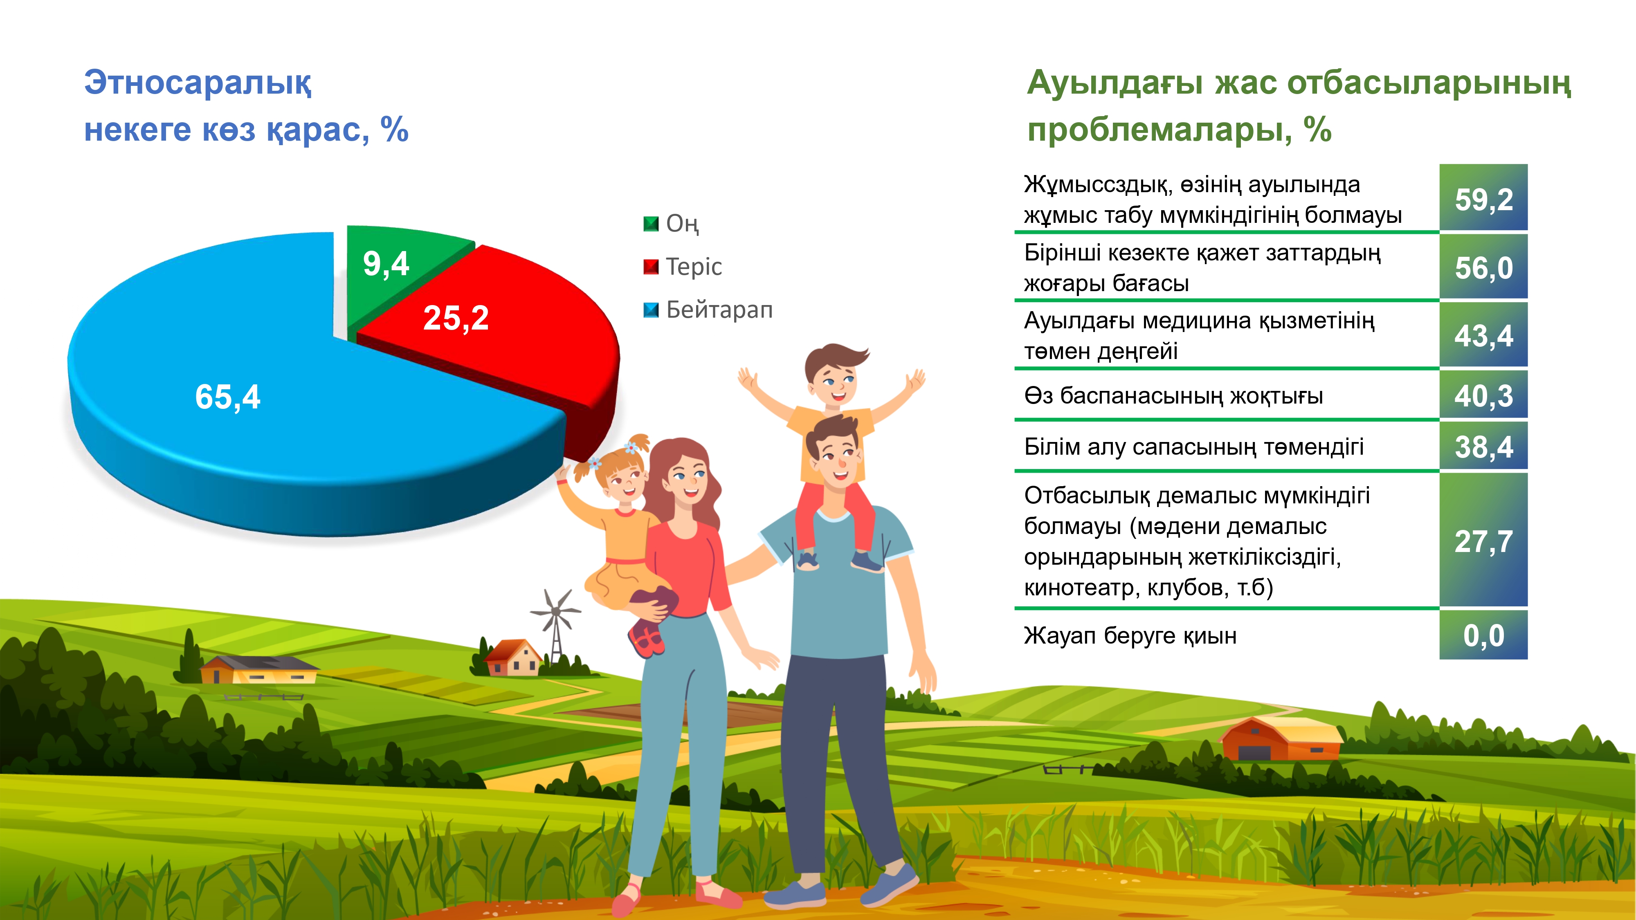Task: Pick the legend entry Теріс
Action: click(x=683, y=267)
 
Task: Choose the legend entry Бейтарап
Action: click(x=708, y=310)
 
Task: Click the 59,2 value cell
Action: click(x=1483, y=197)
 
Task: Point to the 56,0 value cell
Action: click(x=1483, y=267)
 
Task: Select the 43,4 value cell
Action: click(x=1483, y=334)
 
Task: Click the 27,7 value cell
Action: click(x=1483, y=540)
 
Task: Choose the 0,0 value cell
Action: click(x=1483, y=635)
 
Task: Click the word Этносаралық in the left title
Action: click(x=198, y=83)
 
